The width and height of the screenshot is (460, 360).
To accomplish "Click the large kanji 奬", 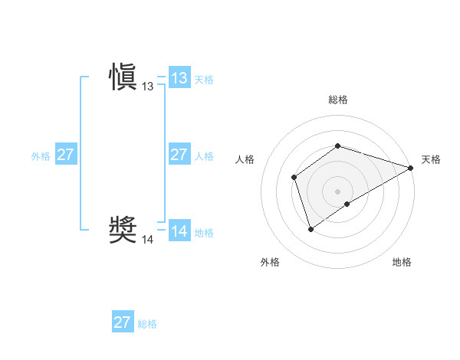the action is click(123, 229).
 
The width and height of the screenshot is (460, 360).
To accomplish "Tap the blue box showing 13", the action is click(179, 78).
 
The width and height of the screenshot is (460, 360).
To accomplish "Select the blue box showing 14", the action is click(179, 231).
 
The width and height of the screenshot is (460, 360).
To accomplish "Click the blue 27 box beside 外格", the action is click(65, 155).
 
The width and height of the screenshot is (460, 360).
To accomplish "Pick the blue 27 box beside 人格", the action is click(179, 155).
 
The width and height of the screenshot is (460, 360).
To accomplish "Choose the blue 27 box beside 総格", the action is click(123, 322).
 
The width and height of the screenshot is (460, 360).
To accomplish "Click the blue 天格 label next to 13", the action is click(204, 79).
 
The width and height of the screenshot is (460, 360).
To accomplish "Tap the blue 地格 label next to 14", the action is click(204, 232).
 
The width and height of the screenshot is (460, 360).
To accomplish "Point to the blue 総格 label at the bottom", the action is click(147, 323).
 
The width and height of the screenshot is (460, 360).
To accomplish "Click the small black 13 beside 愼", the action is click(147, 87).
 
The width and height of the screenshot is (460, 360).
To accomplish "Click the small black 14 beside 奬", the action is click(147, 240).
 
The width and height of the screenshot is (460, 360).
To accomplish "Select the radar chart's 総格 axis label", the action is click(338, 100).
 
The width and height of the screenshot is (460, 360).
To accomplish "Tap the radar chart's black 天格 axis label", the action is click(431, 159).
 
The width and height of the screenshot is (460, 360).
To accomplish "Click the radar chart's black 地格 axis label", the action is click(402, 263).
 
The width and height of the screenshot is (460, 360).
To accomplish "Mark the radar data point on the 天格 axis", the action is click(412, 168).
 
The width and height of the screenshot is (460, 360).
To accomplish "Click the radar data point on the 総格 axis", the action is click(338, 146).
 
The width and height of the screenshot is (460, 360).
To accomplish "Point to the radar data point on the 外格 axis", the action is click(310, 228).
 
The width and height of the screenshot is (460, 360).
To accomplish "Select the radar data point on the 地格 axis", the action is click(347, 204).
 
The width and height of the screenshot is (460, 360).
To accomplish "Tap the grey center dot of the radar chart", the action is click(338, 191).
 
